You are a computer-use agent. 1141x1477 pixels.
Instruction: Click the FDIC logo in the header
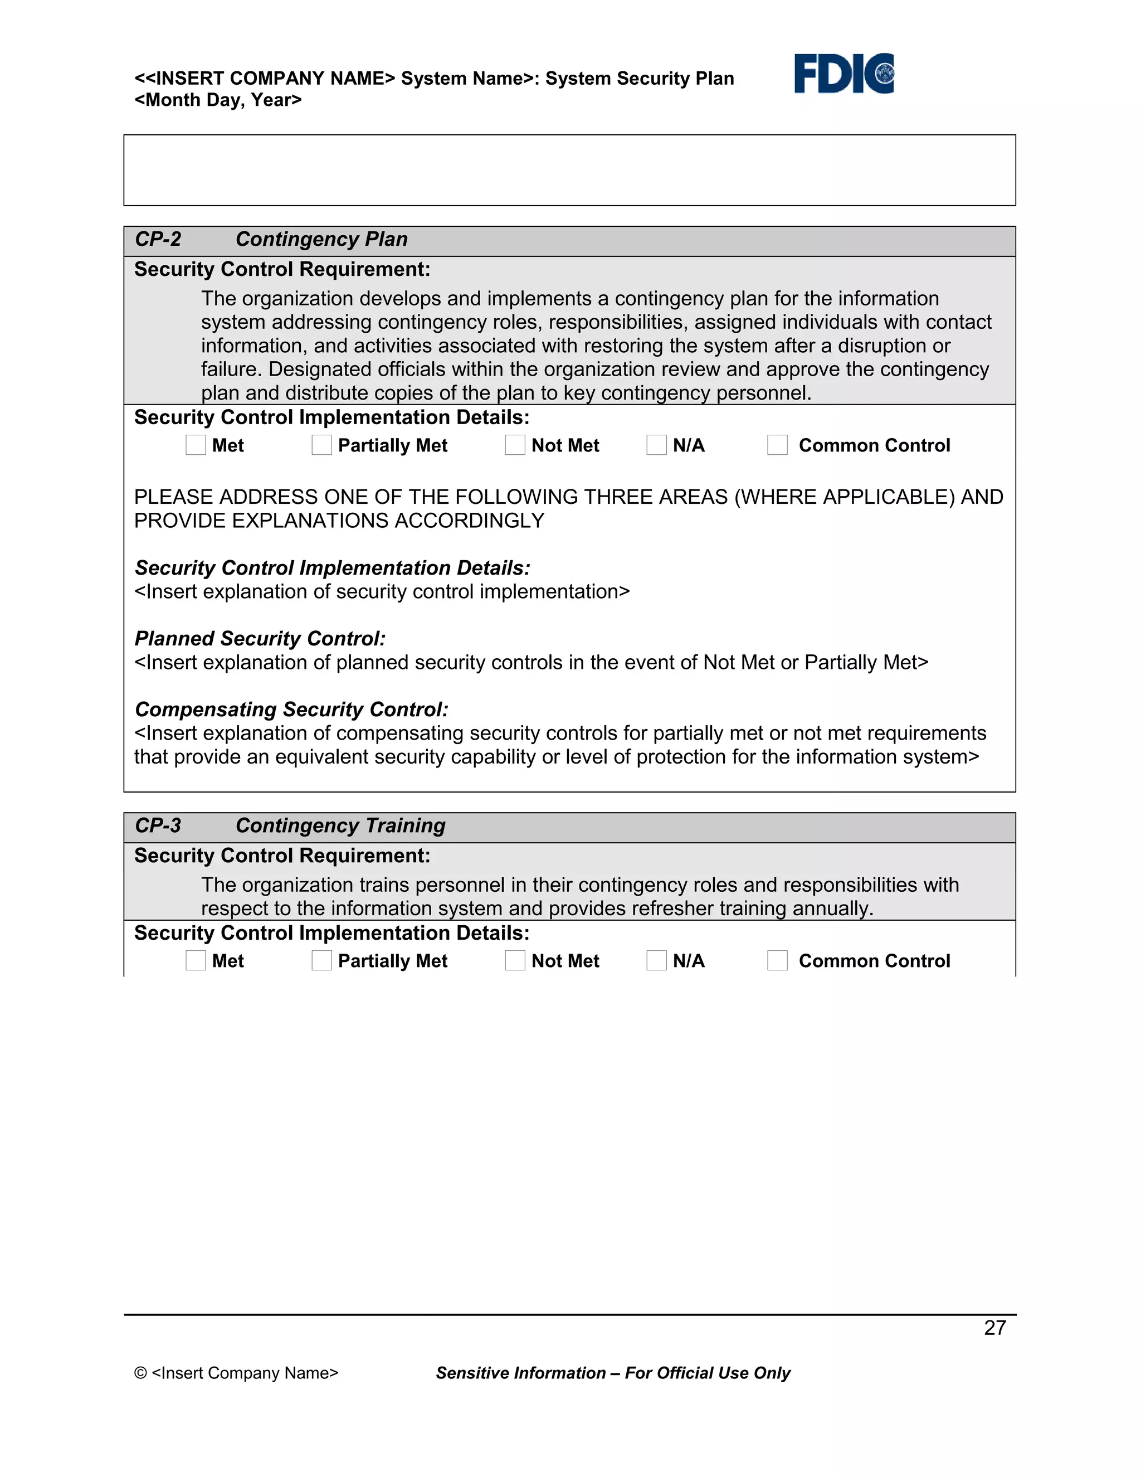(843, 74)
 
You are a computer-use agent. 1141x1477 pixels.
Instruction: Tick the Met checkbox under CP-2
(196, 445)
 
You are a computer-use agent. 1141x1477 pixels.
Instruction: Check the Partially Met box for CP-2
(322, 445)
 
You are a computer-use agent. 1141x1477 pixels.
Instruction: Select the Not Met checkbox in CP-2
(515, 445)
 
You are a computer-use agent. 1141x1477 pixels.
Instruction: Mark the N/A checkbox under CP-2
(656, 445)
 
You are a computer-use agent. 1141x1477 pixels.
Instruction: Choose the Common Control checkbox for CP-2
(777, 445)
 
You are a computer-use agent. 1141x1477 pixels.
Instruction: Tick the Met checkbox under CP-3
(196, 960)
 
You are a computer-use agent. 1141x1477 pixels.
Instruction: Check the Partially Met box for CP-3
(322, 960)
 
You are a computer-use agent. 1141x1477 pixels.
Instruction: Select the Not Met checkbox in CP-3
(515, 960)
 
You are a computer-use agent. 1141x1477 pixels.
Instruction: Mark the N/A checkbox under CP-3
(656, 960)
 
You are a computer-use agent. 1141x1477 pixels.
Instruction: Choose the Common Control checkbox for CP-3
(777, 960)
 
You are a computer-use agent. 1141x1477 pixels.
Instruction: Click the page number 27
(995, 1328)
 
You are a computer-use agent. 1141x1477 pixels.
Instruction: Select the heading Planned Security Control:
(260, 638)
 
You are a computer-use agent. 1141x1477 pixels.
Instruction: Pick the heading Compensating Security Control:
(291, 710)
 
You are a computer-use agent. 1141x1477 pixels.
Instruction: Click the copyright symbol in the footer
(140, 1373)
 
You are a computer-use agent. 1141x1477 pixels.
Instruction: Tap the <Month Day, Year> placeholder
(218, 100)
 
